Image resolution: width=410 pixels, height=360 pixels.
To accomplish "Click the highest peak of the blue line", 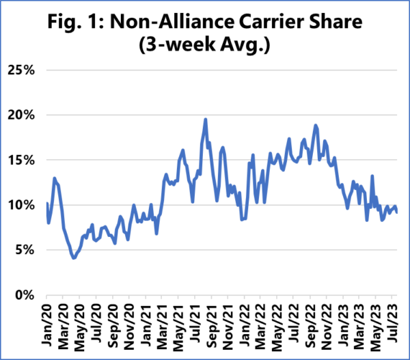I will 206,120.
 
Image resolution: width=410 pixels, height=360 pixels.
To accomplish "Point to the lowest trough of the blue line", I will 73,258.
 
